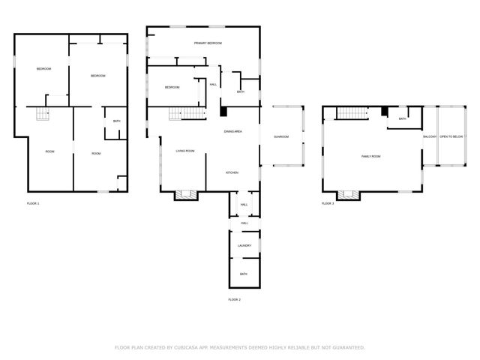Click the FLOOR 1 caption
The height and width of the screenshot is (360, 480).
[x=33, y=203]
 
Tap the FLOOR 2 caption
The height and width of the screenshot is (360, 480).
[x=234, y=299]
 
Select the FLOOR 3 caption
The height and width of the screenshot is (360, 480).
[x=328, y=203]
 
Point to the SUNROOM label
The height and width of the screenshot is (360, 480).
[x=281, y=136]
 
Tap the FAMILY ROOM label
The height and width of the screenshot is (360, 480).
[x=371, y=156]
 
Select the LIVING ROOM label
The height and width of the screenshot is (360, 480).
[x=185, y=151]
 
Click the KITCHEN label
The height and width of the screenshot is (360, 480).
[x=232, y=172]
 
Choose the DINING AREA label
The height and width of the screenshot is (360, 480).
[x=232, y=132]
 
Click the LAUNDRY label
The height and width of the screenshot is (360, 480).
[x=244, y=245]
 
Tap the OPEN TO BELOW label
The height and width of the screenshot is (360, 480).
[x=451, y=136]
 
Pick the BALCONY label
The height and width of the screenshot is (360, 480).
[x=430, y=136]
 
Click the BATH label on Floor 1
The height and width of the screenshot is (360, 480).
[x=116, y=121]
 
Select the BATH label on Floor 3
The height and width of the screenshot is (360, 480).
[x=403, y=118]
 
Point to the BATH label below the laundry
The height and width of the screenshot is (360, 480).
[x=244, y=274]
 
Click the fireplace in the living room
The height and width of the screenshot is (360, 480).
[x=185, y=194]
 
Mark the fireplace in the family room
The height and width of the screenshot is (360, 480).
[x=347, y=195]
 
